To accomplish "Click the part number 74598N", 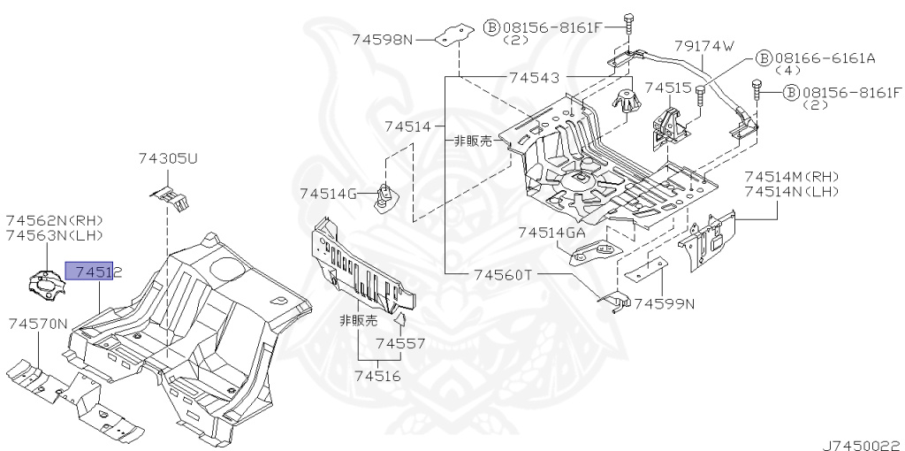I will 382,39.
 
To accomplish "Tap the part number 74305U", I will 168,159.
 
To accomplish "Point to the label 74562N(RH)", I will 55,219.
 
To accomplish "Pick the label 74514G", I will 328,194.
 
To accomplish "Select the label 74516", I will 377,376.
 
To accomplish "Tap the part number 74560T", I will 501,274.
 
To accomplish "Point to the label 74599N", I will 664,303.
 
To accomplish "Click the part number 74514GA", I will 551,233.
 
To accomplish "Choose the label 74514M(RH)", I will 791,176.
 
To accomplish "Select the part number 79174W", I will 704,46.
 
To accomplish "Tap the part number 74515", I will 667,88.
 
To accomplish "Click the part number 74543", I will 534,78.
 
